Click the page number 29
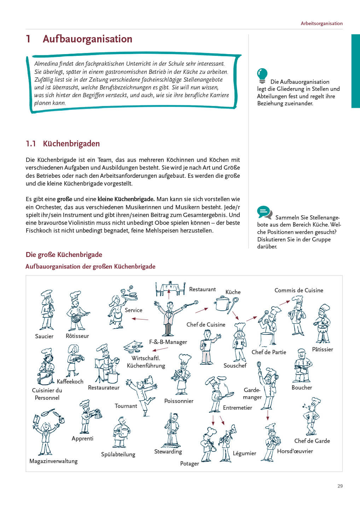[x=340, y=486]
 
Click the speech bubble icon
[x=265, y=213]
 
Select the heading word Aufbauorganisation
[x=87, y=39]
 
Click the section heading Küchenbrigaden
[x=71, y=144]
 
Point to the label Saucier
[x=44, y=336]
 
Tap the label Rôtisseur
[x=77, y=336]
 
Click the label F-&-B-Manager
[x=168, y=342]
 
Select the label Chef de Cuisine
[x=206, y=324]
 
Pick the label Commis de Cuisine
[x=299, y=290]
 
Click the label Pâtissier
[x=323, y=349]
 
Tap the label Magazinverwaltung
[x=53, y=461]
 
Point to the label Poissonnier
[x=179, y=401]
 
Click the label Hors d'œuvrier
[x=295, y=451]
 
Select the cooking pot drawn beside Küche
[x=222, y=304]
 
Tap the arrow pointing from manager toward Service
[x=140, y=319]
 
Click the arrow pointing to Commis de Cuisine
[x=285, y=303]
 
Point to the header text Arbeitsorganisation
[x=321, y=23]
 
